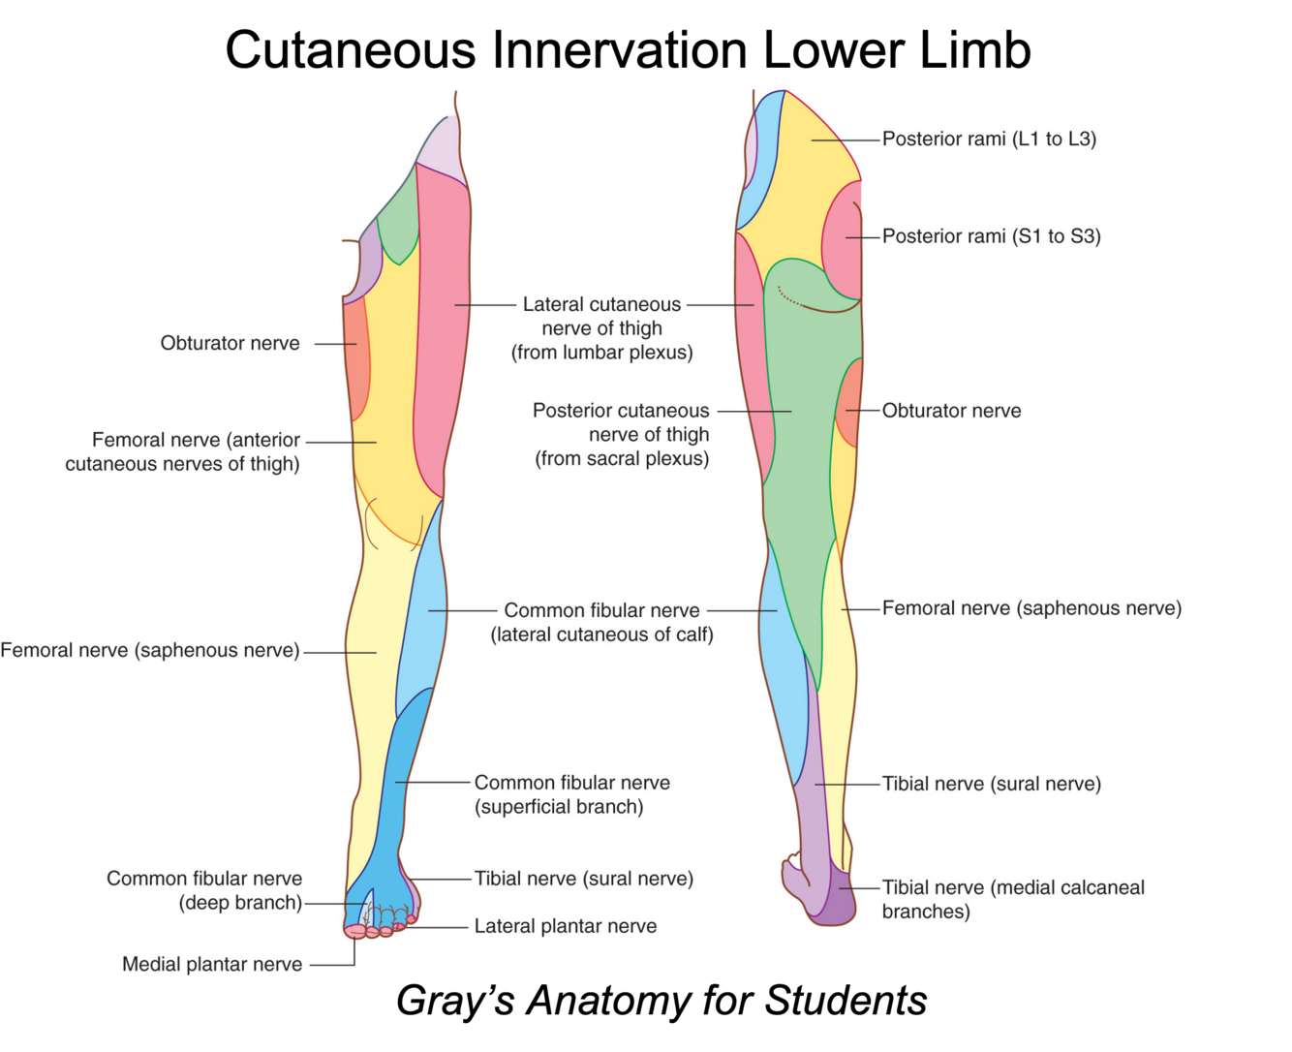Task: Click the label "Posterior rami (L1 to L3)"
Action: pos(989,139)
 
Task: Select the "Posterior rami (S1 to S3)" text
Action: pos(991,236)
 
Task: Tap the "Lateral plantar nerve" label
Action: pos(565,926)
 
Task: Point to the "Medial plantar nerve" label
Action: pos(212,964)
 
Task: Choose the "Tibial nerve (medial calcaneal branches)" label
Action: pos(1012,899)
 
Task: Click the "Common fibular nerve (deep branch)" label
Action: pos(204,890)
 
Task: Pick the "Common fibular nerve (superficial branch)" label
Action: pos(571,794)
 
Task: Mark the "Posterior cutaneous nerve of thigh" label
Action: pos(621,434)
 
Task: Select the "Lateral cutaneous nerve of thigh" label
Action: pos(601,328)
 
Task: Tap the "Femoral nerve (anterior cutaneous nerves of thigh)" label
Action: pos(183,451)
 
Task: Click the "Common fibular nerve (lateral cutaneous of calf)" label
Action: pos(601,622)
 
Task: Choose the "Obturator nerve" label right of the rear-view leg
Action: pos(951,411)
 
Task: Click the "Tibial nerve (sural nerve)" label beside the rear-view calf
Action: pos(991,784)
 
